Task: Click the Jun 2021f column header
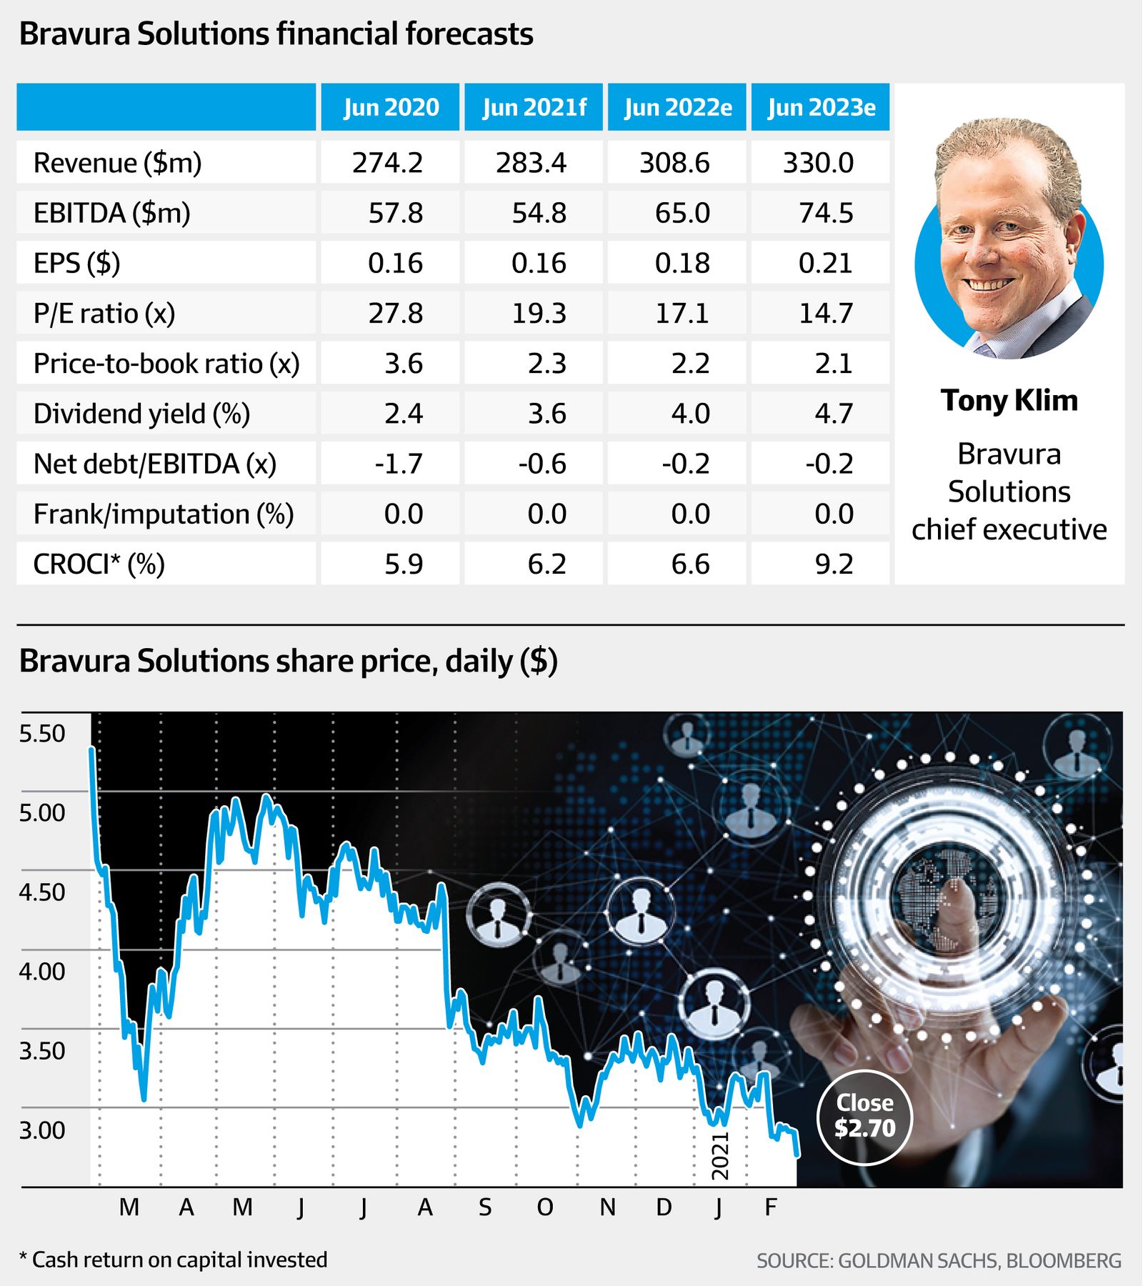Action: [534, 107]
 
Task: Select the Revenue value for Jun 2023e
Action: [819, 163]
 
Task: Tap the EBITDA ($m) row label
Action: [112, 213]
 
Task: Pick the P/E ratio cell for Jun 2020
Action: [395, 313]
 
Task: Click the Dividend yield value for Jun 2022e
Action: [690, 414]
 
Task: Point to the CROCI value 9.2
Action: [834, 564]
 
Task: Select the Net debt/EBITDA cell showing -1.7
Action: [399, 464]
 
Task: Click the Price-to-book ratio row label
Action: [166, 364]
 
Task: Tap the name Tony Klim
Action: [1009, 401]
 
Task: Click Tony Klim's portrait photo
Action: [1009, 239]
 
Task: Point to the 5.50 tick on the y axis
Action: [42, 734]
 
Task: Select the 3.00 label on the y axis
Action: [42, 1130]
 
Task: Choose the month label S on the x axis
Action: [485, 1207]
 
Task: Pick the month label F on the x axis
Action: [770, 1207]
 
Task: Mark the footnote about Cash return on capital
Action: [173, 1260]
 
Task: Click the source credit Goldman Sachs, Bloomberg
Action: [939, 1261]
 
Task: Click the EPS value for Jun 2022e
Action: [682, 263]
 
